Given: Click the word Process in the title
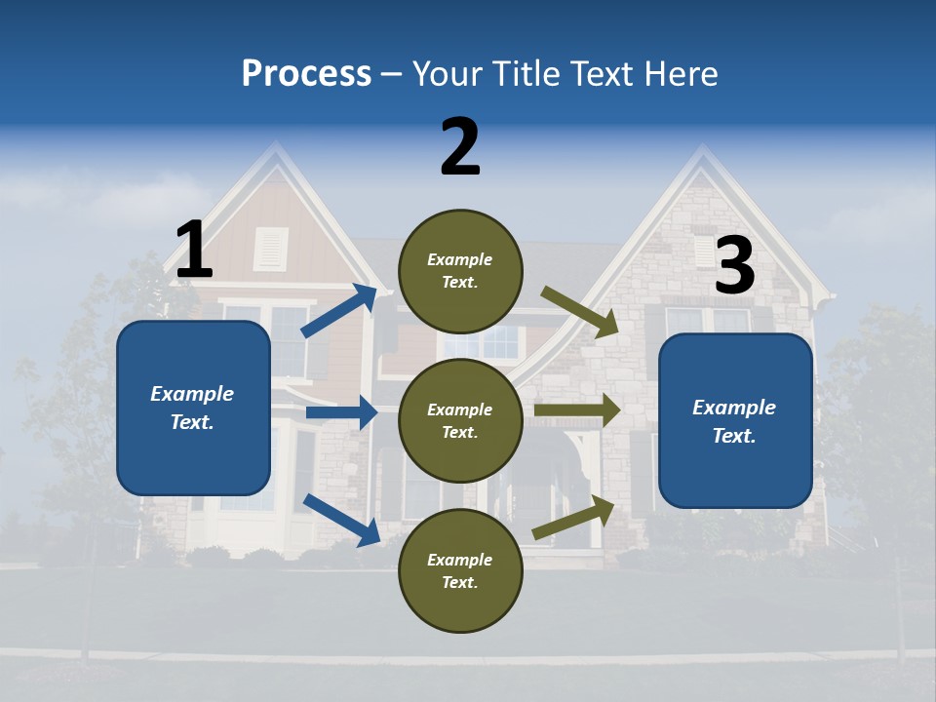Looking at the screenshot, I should tap(306, 74).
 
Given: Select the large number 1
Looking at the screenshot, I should tap(194, 251).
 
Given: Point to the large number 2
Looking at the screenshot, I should tap(460, 148).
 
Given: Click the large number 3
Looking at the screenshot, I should tap(734, 266).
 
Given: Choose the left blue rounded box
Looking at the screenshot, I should tap(193, 408).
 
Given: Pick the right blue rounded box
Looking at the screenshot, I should tap(735, 421).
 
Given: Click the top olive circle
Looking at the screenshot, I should tap(460, 271).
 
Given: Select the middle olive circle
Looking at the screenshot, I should tap(460, 421).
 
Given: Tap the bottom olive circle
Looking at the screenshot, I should tap(460, 571).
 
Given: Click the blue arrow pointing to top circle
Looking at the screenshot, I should tap(340, 310).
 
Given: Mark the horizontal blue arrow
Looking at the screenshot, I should tap(342, 413).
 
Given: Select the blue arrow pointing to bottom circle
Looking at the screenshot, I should tap(342, 520).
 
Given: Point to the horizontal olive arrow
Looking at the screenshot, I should tap(577, 410).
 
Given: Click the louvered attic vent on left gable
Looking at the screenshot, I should tap(271, 249).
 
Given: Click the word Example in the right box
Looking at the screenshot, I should tap(734, 408).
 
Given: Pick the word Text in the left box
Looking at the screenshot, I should tap(191, 422).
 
